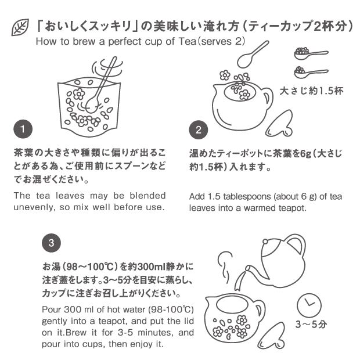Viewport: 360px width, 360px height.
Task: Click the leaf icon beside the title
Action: [x=20, y=27]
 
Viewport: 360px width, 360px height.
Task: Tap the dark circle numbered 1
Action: [x=23, y=129]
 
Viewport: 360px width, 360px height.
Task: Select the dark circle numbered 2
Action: [x=199, y=130]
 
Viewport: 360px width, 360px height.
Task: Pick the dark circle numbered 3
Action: [x=52, y=243]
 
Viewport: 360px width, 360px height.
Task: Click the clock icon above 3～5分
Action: [x=309, y=305]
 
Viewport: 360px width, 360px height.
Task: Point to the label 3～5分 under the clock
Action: [x=311, y=325]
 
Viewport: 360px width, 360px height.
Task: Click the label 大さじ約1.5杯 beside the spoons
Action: [x=311, y=91]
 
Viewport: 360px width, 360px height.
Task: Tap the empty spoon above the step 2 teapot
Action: [x=252, y=55]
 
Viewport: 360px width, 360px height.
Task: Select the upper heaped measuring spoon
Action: [x=311, y=53]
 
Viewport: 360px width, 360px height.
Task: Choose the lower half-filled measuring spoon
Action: [x=311, y=72]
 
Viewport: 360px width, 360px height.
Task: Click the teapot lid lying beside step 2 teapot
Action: [x=279, y=123]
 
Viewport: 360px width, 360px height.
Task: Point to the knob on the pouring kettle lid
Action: [x=265, y=242]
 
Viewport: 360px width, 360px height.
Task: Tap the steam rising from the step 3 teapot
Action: [x=226, y=267]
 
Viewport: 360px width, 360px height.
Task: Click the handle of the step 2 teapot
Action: [x=268, y=98]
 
